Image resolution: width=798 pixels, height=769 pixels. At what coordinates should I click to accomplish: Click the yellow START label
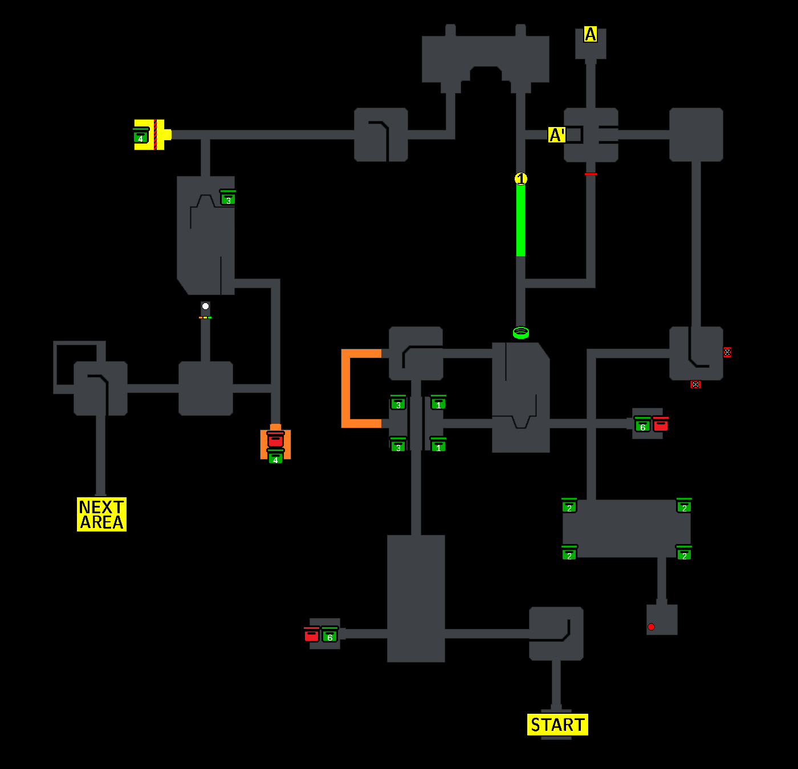click(557, 725)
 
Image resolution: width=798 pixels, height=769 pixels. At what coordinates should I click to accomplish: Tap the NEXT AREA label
click(101, 514)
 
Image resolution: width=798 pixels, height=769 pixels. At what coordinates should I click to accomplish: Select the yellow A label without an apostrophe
click(591, 35)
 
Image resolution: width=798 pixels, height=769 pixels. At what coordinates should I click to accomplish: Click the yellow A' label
click(557, 135)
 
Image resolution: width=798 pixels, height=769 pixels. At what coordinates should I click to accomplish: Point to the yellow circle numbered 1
click(521, 179)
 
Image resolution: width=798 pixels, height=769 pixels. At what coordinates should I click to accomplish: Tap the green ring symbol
click(521, 332)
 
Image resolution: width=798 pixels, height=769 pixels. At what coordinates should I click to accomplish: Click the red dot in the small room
click(651, 627)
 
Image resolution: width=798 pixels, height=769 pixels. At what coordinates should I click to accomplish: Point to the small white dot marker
click(205, 306)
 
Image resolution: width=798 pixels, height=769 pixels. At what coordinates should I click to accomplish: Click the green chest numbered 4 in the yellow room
click(141, 137)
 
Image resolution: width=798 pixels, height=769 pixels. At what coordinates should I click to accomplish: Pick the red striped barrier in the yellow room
click(156, 135)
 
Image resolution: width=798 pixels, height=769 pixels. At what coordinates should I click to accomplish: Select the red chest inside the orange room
click(275, 439)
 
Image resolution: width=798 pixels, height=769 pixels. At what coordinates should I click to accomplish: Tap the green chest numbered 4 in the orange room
click(275, 457)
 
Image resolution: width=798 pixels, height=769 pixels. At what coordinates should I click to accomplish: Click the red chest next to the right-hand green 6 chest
click(661, 424)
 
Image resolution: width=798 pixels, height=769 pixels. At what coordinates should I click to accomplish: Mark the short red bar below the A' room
click(591, 174)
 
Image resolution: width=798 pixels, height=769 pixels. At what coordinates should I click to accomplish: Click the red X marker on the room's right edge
click(727, 352)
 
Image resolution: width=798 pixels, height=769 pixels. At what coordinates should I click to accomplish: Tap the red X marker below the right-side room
click(695, 384)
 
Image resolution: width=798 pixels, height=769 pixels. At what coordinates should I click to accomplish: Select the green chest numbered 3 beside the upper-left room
click(228, 198)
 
